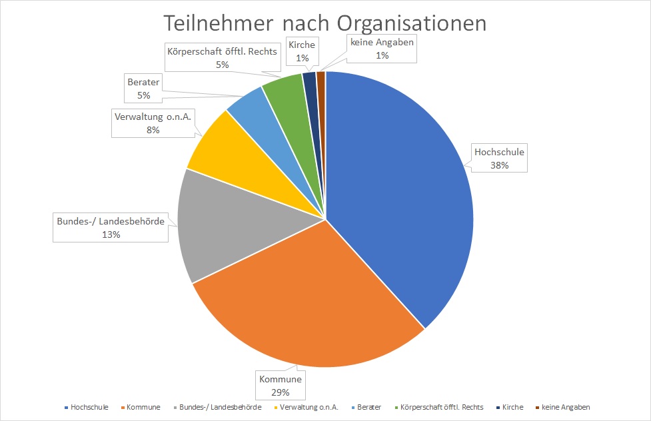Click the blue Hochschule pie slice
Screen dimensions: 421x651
coord(400,200)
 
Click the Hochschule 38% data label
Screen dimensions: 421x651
coord(499,159)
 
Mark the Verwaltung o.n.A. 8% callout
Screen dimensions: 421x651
coord(153,123)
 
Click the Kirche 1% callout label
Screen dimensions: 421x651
coord(303,51)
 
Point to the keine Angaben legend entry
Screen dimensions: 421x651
coord(566,407)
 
